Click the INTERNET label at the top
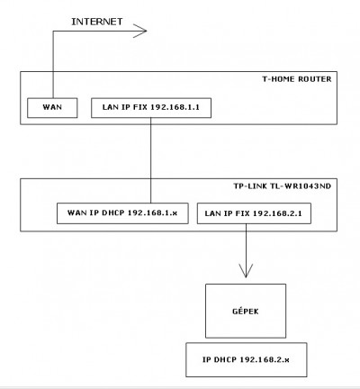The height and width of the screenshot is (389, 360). click(97, 22)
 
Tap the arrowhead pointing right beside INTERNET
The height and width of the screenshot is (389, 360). click(139, 31)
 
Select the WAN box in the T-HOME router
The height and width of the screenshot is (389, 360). click(52, 108)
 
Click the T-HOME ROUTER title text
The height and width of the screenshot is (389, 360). click(297, 79)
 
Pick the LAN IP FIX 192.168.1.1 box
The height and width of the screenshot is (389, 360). click(151, 108)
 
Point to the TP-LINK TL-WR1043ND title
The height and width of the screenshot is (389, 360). click(283, 186)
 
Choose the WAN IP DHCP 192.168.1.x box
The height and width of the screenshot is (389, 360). click(122, 213)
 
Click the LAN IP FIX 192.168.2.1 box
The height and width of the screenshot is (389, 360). click(254, 213)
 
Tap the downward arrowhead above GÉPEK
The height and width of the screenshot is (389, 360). click(246, 271)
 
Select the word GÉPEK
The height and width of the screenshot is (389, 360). click(246, 312)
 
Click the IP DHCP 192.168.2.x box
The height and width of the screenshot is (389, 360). click(247, 359)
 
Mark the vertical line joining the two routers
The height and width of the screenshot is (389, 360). click(151, 160)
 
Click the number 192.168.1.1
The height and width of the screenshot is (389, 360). click(175, 107)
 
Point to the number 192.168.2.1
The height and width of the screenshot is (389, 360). click(277, 213)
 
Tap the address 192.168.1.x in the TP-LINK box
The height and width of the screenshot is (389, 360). click(152, 213)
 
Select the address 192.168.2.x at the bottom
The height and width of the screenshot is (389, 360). click(265, 359)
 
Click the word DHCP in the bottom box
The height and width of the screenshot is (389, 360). click(225, 359)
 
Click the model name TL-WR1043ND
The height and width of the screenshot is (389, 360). click(301, 186)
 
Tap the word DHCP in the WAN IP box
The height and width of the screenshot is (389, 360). click(113, 213)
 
